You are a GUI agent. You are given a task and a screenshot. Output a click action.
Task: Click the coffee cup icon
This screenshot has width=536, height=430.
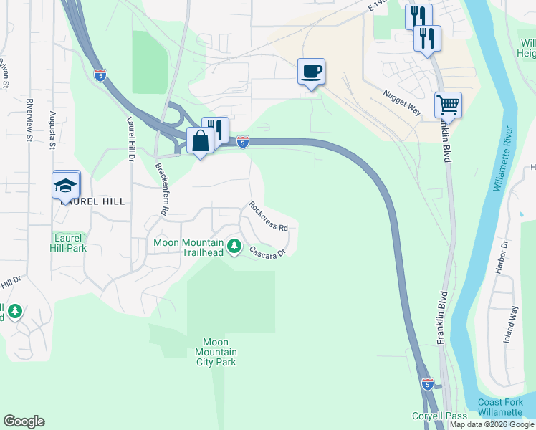(x=311, y=72)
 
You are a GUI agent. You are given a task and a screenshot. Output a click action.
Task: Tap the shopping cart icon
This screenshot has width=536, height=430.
(x=448, y=105)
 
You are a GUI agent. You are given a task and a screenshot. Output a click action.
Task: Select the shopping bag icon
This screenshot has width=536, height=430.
(x=201, y=140)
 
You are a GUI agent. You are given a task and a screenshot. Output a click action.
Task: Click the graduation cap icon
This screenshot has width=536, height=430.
(x=66, y=186)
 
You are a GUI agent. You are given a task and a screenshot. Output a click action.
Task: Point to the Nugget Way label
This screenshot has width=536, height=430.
(x=402, y=98)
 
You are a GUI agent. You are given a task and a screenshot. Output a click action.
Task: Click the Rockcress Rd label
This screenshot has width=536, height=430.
(x=268, y=216)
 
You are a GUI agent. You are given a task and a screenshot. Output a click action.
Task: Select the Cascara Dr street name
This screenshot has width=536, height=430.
(x=267, y=252)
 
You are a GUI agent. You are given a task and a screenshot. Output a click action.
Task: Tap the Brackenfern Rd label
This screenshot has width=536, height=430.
(x=161, y=189)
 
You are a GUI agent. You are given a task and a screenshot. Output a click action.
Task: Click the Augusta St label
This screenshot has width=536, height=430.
(x=52, y=130)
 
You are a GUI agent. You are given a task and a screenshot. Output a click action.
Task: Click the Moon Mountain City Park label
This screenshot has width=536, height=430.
(x=216, y=352)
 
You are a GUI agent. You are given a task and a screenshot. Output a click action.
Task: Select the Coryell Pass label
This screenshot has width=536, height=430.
(x=439, y=416)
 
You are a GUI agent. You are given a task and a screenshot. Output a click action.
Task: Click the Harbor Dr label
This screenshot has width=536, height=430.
(x=504, y=254)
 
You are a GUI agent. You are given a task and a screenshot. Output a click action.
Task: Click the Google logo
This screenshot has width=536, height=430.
(x=24, y=421)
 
